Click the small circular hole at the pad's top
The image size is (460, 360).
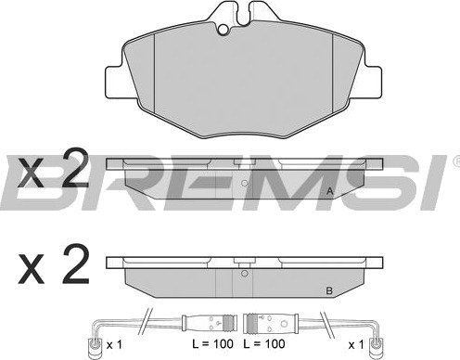pos(223,29)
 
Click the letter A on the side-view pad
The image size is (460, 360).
pos(330,191)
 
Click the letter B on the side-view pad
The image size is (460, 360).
pos(329,291)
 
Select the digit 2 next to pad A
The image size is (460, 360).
pos(75,168)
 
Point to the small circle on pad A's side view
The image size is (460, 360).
pos(245,184)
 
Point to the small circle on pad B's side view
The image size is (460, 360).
pos(245,274)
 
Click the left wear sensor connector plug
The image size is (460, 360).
pos(210,324)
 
